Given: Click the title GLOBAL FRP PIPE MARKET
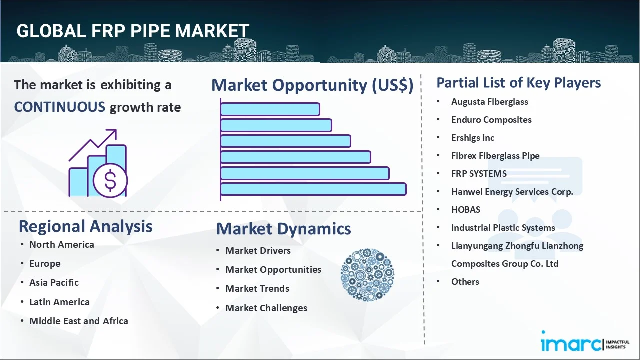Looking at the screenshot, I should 133,31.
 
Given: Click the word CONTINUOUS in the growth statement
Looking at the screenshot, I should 59,107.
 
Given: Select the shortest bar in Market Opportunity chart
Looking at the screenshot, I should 270,109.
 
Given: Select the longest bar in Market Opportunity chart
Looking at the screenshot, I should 313,189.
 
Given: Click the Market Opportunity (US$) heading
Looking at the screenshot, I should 312,85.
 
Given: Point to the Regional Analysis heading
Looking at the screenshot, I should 85,226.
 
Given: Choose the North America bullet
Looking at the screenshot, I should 61,244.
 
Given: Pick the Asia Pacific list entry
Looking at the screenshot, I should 54,282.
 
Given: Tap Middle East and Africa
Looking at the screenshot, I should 78,321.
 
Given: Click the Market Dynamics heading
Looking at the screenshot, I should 283,229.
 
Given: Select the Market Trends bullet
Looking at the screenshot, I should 257,288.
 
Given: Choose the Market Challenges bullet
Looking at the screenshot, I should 266,308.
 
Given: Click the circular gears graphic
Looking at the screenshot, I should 367,274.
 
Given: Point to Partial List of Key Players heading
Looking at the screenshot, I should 518,82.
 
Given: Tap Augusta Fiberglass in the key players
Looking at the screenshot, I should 489,101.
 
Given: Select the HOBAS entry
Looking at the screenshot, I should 465,209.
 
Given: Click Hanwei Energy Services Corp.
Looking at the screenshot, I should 512,191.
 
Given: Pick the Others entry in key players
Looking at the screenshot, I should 465,281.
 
